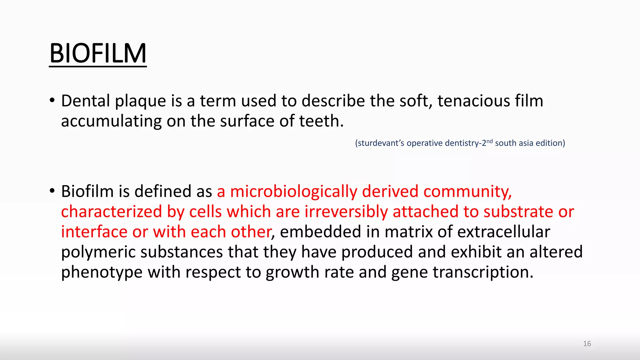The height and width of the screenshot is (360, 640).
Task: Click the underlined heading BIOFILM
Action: pyautogui.click(x=98, y=53)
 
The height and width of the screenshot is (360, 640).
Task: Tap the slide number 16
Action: pyautogui.click(x=587, y=344)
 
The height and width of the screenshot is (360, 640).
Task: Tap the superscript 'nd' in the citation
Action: pyautogui.click(x=490, y=141)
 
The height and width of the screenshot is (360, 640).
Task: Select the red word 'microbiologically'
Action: pyautogui.click(x=293, y=192)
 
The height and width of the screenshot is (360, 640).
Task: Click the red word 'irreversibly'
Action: pyautogui.click(x=346, y=212)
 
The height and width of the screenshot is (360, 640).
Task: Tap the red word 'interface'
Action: pyautogui.click(x=94, y=232)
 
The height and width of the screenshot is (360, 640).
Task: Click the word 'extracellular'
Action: pyautogui.click(x=503, y=232)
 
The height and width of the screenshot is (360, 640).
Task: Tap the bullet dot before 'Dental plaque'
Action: pyautogui.click(x=52, y=101)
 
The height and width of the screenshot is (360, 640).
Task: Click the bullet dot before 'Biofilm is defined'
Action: pyautogui.click(x=52, y=191)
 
